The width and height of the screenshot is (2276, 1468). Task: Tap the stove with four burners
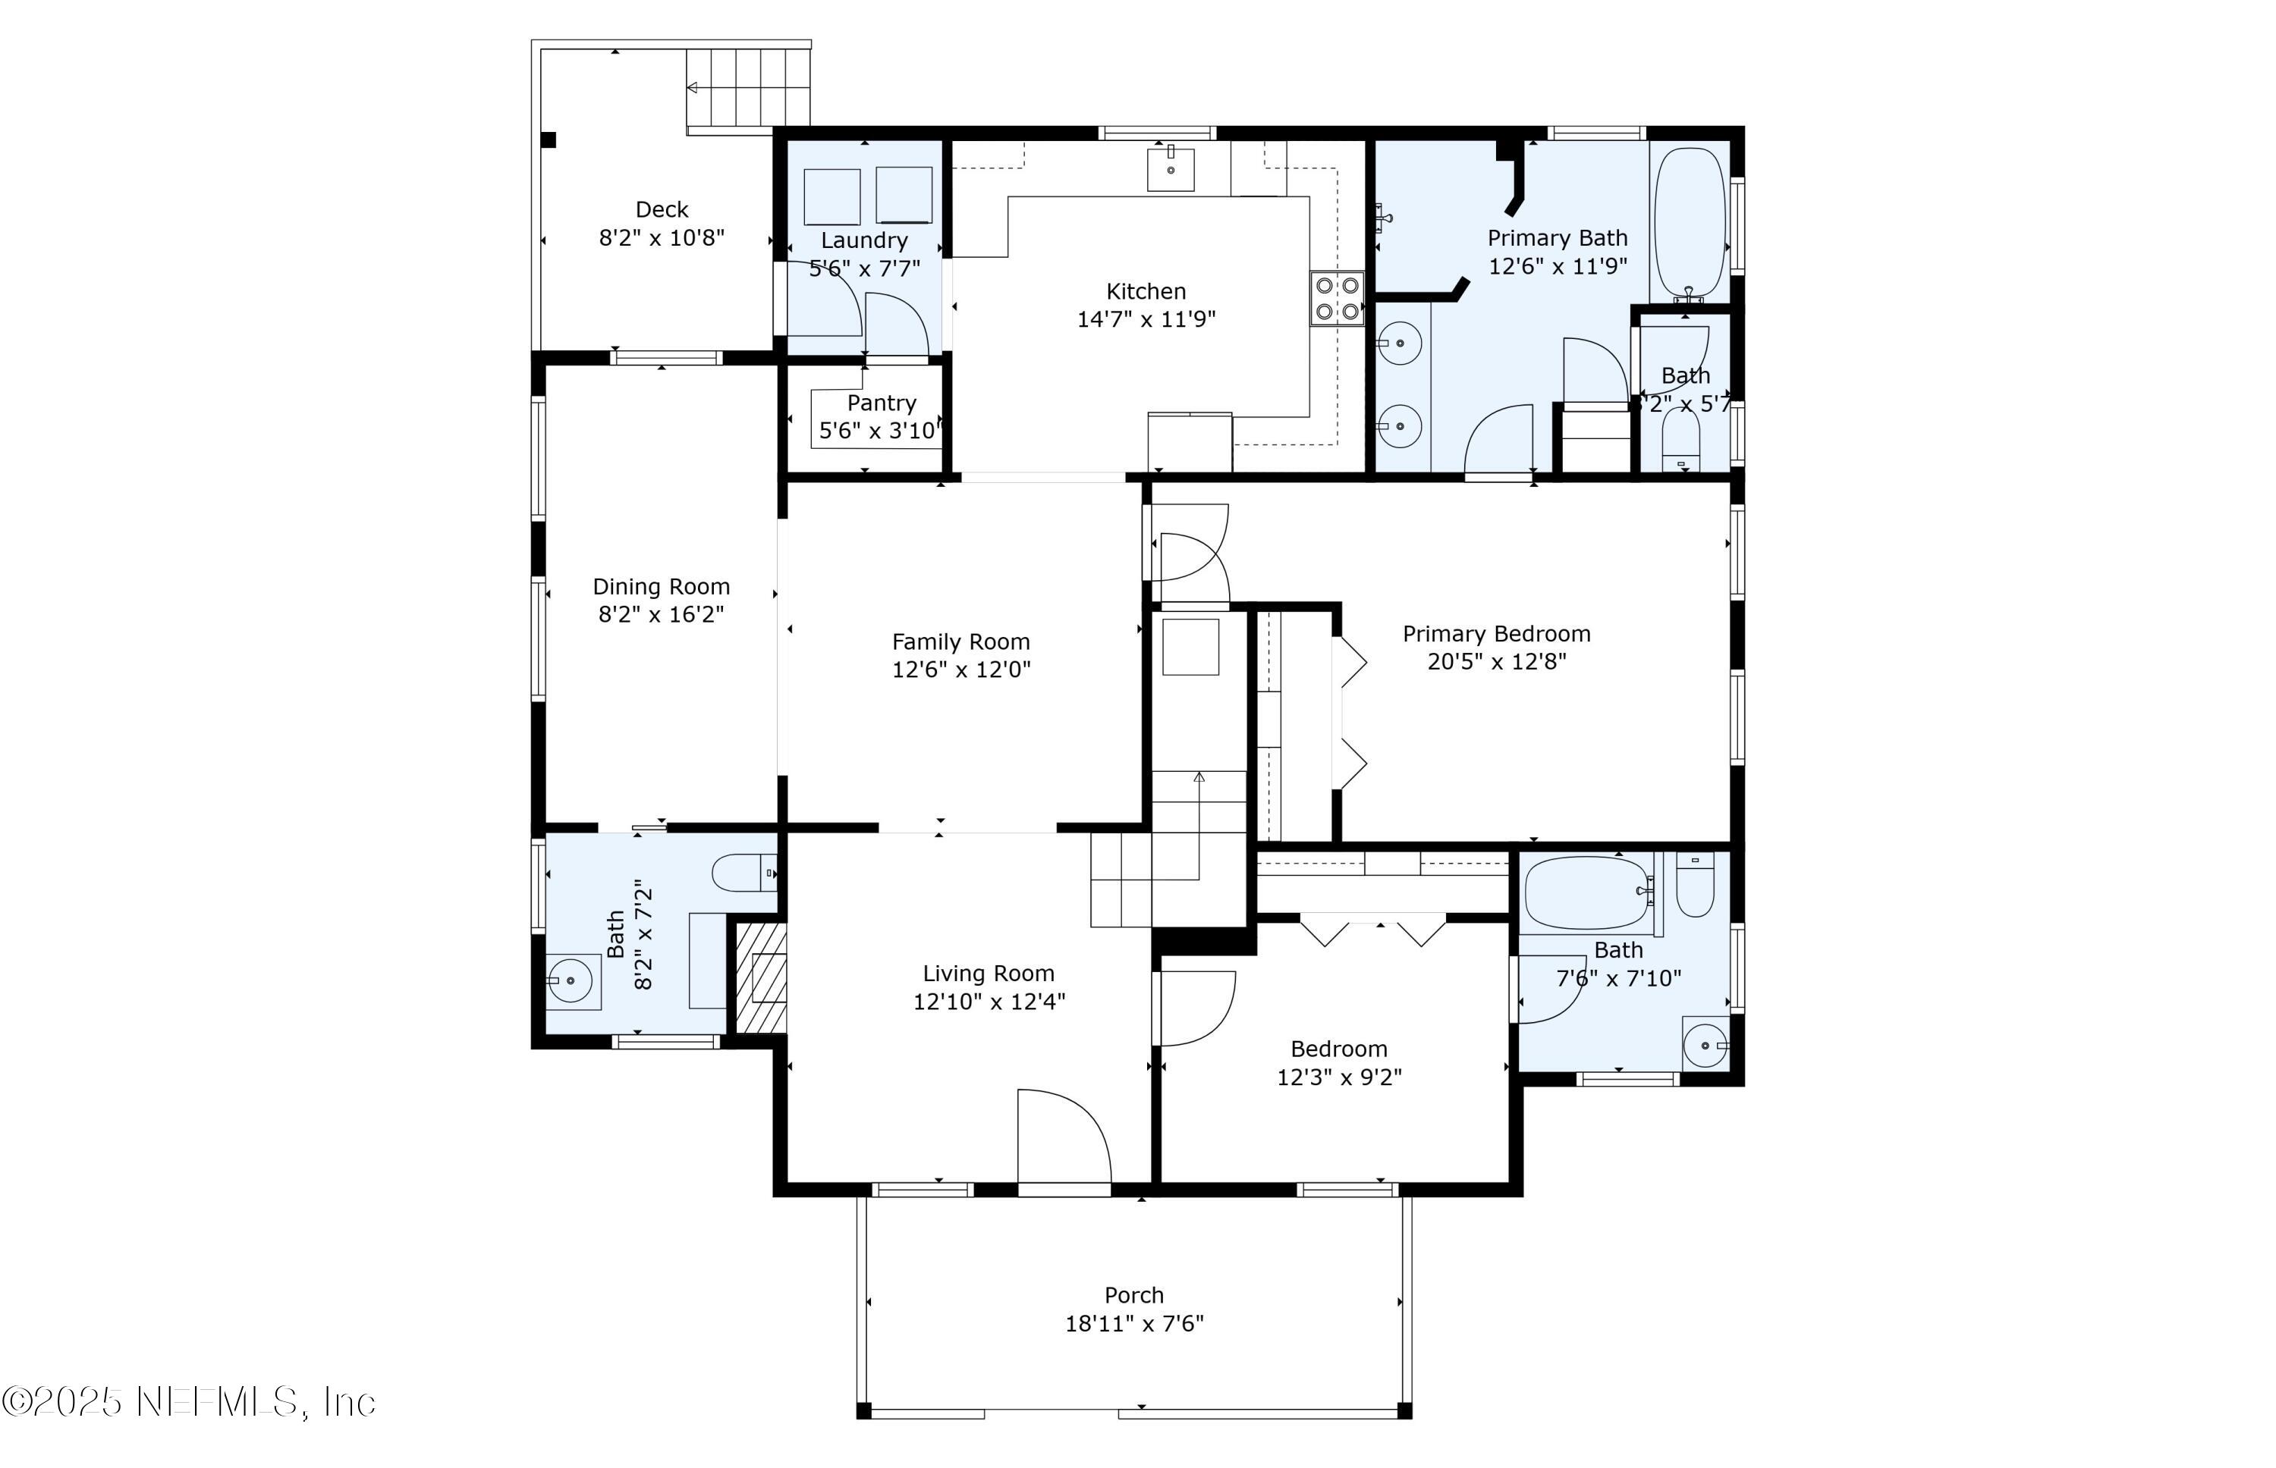1336,297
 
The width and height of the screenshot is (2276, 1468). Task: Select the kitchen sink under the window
1170,170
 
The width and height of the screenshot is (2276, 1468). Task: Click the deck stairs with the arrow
749,88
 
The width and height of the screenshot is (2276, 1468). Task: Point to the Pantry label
881,403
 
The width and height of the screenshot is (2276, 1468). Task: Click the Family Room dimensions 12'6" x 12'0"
961,670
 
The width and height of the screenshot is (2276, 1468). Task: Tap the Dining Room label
661,587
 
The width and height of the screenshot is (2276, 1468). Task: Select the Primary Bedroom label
1496,634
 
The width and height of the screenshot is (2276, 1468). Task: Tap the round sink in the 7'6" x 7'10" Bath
1705,1046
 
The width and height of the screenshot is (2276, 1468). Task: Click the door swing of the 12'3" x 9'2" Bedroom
1196,1008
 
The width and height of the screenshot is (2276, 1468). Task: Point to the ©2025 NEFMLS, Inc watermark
189,1402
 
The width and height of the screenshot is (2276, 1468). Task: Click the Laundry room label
864,241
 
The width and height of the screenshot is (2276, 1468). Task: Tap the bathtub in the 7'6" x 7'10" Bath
1586,891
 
